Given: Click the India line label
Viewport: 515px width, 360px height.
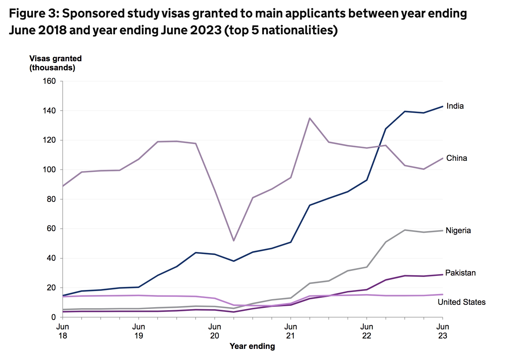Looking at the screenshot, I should point(455,106).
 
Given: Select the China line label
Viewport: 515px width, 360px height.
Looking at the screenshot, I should point(457,158).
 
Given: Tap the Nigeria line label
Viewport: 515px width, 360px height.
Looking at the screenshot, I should point(458,230).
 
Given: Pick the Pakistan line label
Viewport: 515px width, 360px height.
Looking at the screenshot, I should point(460,273).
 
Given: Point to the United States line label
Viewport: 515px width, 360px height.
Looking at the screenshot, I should point(461,302).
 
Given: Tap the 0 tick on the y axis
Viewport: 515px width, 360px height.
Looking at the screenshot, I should point(53,317).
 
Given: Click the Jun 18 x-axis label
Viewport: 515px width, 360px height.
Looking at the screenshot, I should point(63,331).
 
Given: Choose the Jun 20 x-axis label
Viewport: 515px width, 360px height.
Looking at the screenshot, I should point(214,331).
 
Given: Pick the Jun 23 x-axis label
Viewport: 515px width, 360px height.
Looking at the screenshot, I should point(442,331).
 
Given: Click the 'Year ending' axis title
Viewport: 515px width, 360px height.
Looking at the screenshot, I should point(252,346).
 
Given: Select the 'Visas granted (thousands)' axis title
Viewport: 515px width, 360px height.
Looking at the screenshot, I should point(55,63).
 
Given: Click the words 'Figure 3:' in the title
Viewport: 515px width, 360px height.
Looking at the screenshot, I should point(34,14).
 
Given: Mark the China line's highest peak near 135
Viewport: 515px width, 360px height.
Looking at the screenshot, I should point(310,118).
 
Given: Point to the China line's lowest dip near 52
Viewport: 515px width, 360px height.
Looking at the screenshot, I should point(233,241).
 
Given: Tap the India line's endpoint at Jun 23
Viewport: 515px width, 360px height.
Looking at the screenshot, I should point(442,106).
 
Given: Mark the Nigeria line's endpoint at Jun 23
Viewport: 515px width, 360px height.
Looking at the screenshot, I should point(442,230).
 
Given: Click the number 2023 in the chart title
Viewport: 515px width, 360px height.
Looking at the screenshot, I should point(206,30).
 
